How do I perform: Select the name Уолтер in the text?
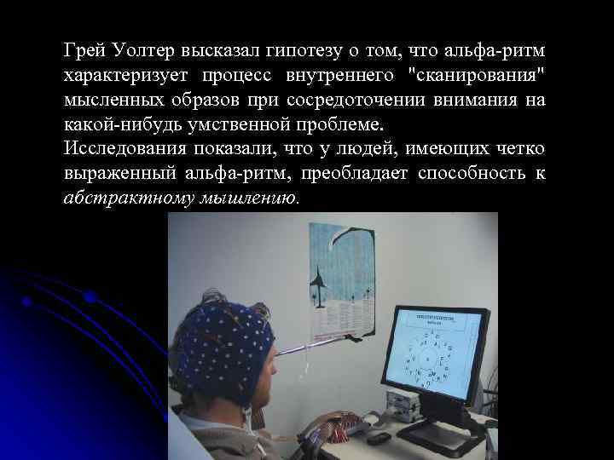[x=141, y=50]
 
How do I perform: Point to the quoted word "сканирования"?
[x=478, y=75]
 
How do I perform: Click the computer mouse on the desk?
[x=379, y=437]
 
